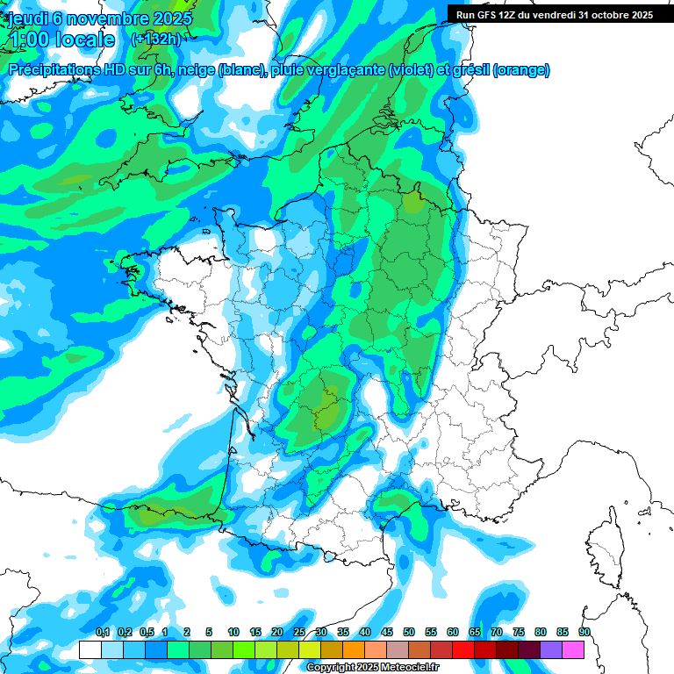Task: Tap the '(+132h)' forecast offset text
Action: pos(155,39)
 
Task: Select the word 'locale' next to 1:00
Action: pos(85,39)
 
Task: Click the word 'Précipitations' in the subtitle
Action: pos(52,70)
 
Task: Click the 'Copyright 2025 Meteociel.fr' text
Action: pos(372,668)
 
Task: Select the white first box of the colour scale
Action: pos(90,650)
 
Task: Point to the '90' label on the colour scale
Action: pos(584,632)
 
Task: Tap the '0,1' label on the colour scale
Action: pos(103,632)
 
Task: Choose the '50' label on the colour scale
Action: pos(409,632)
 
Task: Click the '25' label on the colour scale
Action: pos(299,632)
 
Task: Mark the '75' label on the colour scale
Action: pos(519,632)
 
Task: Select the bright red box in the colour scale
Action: pos(463,650)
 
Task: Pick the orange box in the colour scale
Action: pos(354,650)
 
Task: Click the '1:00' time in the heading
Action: pos(29,39)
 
